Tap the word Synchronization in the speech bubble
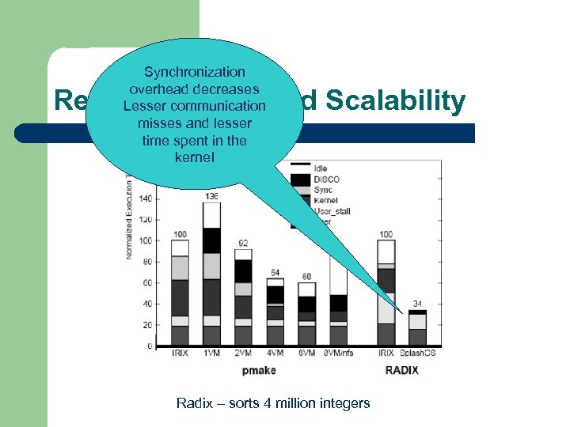(x=194, y=72)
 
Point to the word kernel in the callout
(x=194, y=157)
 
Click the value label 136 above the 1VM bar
(x=211, y=196)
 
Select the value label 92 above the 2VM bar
(x=243, y=243)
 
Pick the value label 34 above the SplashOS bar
(x=417, y=303)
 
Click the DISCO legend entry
(x=326, y=179)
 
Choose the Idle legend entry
(x=321, y=168)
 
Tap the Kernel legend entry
(x=326, y=201)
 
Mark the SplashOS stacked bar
(x=417, y=327)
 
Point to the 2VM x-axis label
(x=243, y=353)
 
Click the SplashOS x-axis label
(x=417, y=353)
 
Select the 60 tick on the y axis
(x=146, y=283)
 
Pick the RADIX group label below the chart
(x=401, y=369)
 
